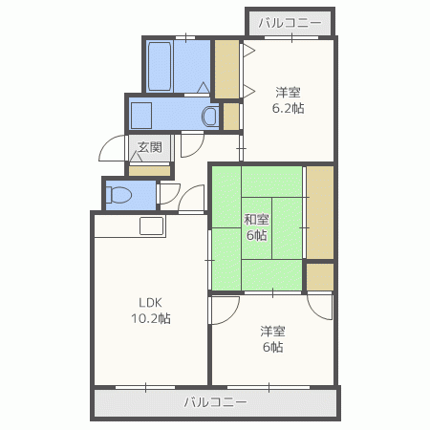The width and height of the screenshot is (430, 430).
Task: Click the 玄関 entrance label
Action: pos(150,147)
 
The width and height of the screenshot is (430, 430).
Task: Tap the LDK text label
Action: pos(150,302)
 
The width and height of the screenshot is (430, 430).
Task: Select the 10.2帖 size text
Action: pos(151,318)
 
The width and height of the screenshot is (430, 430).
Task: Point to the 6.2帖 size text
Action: pos(288,108)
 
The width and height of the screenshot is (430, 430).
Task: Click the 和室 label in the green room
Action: pos(256,220)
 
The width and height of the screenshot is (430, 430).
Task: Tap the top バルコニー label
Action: pos(290,23)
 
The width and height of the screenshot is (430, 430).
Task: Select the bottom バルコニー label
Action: pos(216,402)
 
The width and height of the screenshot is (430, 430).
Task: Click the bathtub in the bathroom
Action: pos(160,66)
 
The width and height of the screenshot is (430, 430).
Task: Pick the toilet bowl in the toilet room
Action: pos(118,195)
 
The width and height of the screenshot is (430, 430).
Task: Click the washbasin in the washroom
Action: pos(209,117)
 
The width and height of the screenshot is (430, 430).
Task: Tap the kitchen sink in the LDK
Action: pos(152,226)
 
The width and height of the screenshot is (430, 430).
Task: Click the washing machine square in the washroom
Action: pos(141,116)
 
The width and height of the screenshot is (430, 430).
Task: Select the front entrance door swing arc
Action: pos(112,148)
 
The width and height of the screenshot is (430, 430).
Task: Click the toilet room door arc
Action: pos(170,194)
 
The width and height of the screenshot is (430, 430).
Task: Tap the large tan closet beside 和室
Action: pos(320,212)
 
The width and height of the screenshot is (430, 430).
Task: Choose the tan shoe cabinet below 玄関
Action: pos(149,171)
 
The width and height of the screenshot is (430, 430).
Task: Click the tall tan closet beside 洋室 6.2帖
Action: pos(226,69)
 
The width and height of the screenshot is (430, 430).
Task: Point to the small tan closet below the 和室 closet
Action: pos(320,277)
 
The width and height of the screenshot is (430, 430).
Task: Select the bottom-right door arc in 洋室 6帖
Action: pos(320,308)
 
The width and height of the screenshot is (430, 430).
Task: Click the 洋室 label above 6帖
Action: pos(272,332)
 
